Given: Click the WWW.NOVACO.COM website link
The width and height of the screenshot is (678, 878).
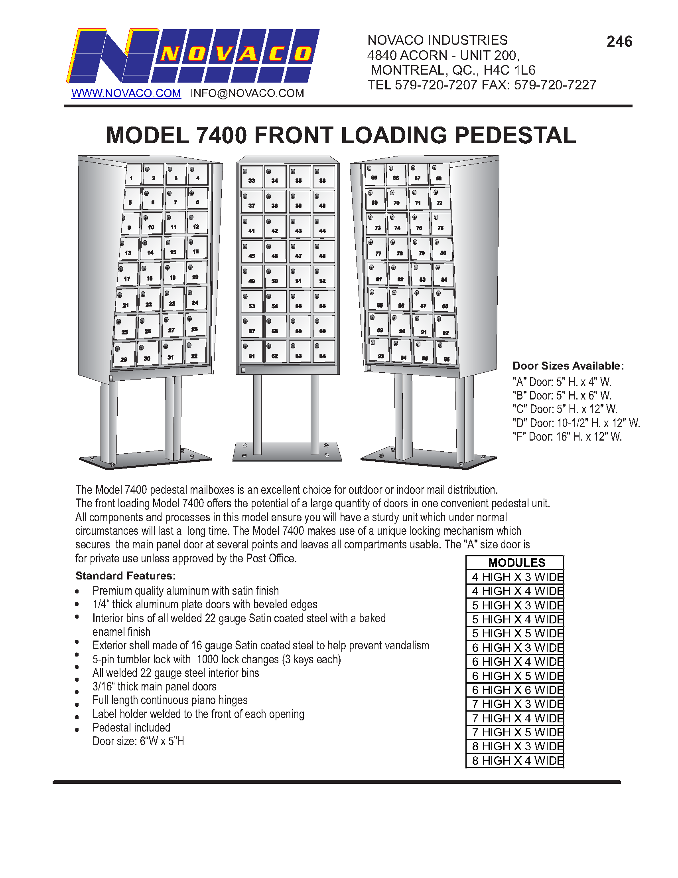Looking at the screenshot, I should [x=126, y=93].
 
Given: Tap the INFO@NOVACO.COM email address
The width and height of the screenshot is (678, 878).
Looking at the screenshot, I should [x=247, y=93].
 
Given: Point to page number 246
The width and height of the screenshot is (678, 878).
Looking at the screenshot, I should [x=619, y=42].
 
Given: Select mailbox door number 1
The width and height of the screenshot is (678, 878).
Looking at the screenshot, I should [x=133, y=174].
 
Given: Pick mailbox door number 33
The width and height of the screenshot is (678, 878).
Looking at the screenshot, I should [x=251, y=177].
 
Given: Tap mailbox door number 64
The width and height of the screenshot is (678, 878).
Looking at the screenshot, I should [x=323, y=351].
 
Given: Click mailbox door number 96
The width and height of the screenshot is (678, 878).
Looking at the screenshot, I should [x=446, y=353].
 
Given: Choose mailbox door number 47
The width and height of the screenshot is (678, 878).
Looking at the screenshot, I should [x=299, y=251].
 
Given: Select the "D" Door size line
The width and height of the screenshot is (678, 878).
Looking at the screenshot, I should [x=576, y=423].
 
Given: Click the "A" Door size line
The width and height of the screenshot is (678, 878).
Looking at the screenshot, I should [x=562, y=382].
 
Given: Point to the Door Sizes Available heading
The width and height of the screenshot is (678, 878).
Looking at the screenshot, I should [x=568, y=366].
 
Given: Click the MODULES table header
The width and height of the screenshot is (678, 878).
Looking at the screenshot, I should [x=516, y=562].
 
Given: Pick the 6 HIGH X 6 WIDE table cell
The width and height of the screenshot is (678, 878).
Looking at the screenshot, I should [x=516, y=690].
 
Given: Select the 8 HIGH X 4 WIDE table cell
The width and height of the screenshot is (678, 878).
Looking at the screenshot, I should [x=516, y=761].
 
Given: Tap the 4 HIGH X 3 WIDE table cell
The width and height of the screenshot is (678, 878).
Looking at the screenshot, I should [x=516, y=577].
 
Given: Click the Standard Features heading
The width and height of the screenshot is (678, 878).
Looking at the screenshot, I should [x=125, y=575].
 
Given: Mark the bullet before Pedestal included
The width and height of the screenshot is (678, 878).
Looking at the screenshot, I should [x=77, y=730].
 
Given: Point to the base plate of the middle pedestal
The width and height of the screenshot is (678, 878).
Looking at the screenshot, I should [x=287, y=452].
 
